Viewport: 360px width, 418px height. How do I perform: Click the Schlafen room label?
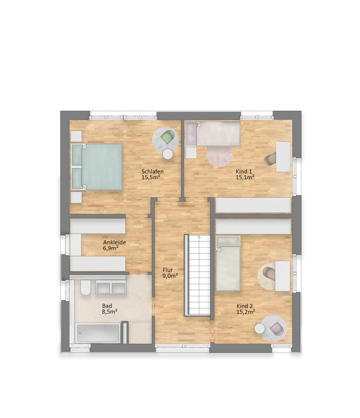152,171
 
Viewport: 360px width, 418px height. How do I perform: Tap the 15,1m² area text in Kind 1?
244,177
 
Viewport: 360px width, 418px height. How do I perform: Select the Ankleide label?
115,242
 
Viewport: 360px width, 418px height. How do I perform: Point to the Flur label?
168,270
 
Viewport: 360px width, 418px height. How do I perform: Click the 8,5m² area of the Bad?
110,311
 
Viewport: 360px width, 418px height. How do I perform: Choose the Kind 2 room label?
244,306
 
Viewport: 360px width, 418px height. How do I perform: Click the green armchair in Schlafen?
167,137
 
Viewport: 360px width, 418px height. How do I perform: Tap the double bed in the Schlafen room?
97,167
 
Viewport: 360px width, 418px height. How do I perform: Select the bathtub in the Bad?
98,333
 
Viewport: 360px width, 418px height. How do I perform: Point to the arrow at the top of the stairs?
199,236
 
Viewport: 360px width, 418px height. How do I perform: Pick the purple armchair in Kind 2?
276,329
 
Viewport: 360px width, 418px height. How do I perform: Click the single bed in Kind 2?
228,263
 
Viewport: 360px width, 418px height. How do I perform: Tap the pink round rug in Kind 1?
220,157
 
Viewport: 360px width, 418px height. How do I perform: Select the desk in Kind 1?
283,157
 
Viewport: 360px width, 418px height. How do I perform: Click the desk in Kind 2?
282,276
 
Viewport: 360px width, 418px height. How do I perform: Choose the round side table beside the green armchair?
168,154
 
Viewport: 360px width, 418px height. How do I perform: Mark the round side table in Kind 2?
260,329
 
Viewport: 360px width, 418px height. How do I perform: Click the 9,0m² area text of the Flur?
170,276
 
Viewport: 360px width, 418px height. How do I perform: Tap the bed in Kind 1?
213,134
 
